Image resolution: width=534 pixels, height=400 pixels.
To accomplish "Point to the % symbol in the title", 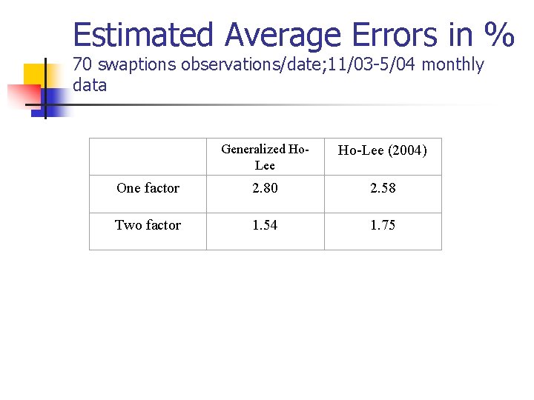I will (x=498, y=35).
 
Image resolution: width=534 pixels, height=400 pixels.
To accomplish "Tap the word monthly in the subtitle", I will (x=452, y=65).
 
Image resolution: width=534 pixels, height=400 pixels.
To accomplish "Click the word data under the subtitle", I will (x=90, y=85).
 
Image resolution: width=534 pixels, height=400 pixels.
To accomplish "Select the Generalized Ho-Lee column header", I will (x=265, y=157).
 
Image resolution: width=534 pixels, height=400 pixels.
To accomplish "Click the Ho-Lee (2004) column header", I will (x=383, y=151).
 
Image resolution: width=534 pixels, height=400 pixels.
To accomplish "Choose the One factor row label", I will (x=148, y=188).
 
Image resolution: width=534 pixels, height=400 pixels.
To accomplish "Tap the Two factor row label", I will (x=148, y=225).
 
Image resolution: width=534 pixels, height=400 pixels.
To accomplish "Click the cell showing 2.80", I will (x=265, y=188).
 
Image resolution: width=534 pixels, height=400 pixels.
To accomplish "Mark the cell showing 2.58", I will (x=383, y=188).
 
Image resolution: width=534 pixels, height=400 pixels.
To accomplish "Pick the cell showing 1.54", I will (x=265, y=225).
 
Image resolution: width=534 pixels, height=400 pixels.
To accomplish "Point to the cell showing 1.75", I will (x=383, y=225).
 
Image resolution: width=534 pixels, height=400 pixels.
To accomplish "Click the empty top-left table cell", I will (x=148, y=156).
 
